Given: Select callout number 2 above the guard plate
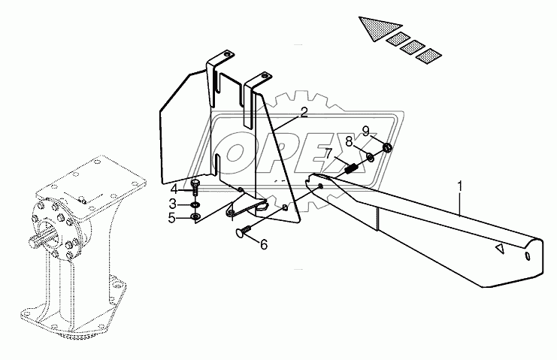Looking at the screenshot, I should pos(304,113).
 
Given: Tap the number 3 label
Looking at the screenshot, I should pos(171,204).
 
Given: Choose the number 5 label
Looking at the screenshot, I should pos(171,218).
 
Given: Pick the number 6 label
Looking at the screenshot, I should pos(263,245).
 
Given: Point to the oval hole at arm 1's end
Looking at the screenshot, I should pos(528,257).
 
